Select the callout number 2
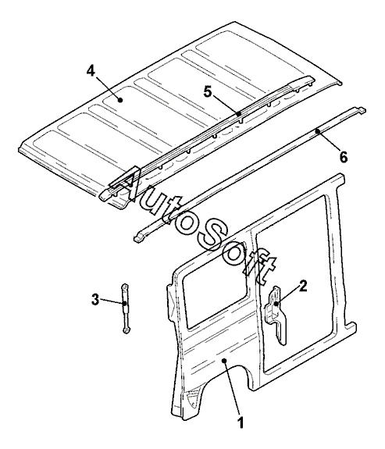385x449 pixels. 303,286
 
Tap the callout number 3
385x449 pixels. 95,300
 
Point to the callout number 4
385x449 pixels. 91,70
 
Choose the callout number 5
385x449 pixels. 208,92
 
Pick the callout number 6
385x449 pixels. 343,157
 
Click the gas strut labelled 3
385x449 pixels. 126,308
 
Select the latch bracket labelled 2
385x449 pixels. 276,315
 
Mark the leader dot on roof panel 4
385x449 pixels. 120,100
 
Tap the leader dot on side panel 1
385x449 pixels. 225,360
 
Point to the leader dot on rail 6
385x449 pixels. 317,131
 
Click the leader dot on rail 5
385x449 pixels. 239,113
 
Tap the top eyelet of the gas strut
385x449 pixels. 125,286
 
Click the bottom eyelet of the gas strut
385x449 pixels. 126,330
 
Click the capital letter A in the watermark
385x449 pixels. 126,184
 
